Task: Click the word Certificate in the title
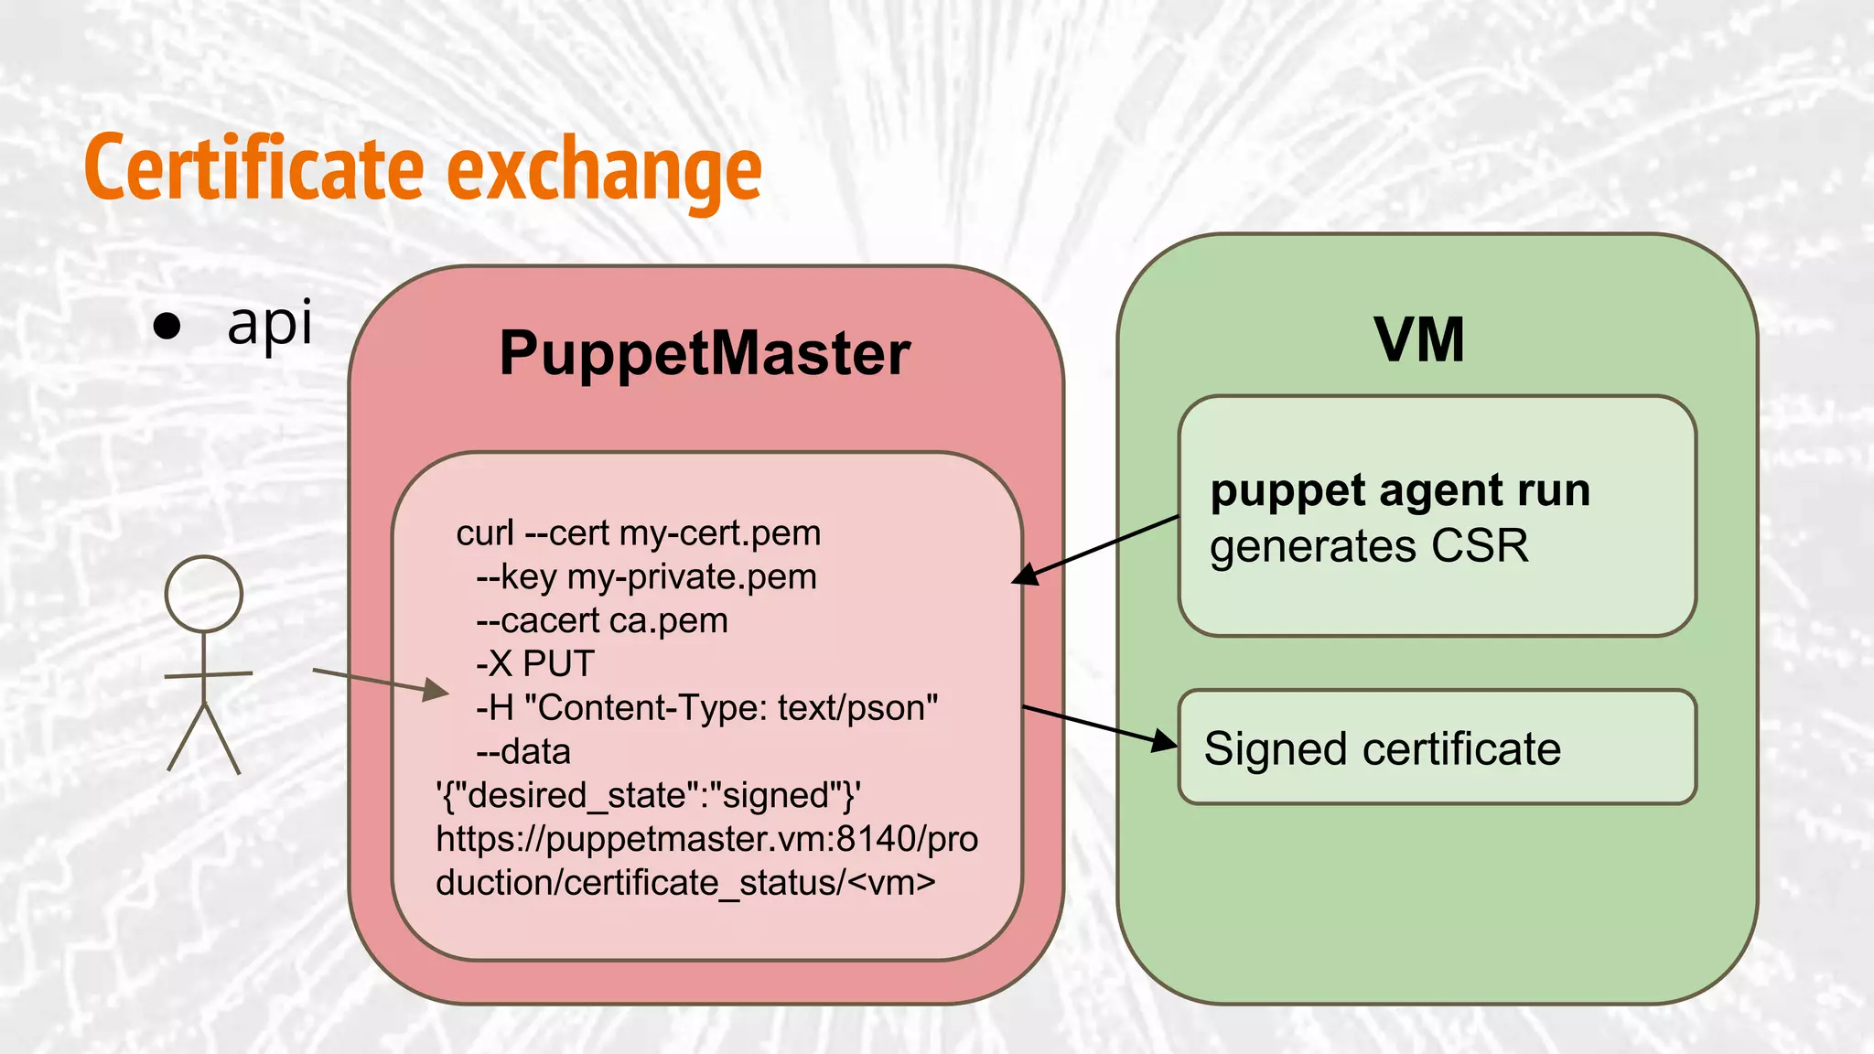click(254, 168)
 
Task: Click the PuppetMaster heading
click(705, 353)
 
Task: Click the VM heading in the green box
click(1419, 340)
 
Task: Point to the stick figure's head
click(204, 594)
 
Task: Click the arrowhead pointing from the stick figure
click(437, 691)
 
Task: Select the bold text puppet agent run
click(1400, 490)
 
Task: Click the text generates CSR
click(1369, 546)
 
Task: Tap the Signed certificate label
click(1383, 748)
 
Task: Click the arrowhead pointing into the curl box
click(1027, 575)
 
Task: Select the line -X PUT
click(535, 663)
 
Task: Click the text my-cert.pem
click(720, 532)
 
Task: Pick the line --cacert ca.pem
click(601, 620)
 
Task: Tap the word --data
click(523, 751)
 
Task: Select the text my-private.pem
click(692, 576)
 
